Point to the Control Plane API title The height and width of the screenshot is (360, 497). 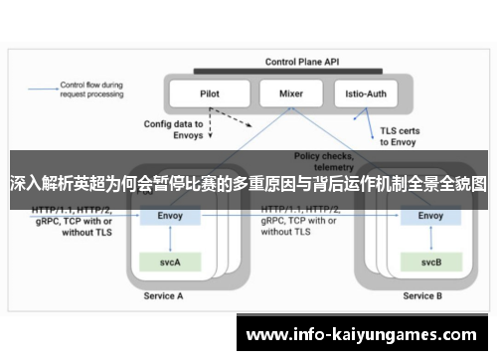[x=301, y=62]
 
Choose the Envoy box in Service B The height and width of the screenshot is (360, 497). [x=430, y=215]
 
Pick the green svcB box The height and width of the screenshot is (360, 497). [x=430, y=263]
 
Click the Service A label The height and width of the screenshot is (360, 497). [x=163, y=295]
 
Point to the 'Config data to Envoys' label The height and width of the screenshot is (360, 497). [x=174, y=130]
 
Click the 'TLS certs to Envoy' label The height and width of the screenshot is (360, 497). [x=400, y=135]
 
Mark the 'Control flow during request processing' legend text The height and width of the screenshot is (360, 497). [x=91, y=90]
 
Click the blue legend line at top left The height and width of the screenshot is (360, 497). [x=43, y=87]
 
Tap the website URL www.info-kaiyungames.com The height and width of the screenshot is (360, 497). [x=365, y=334]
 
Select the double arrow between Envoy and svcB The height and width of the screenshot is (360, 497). [x=430, y=239]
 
